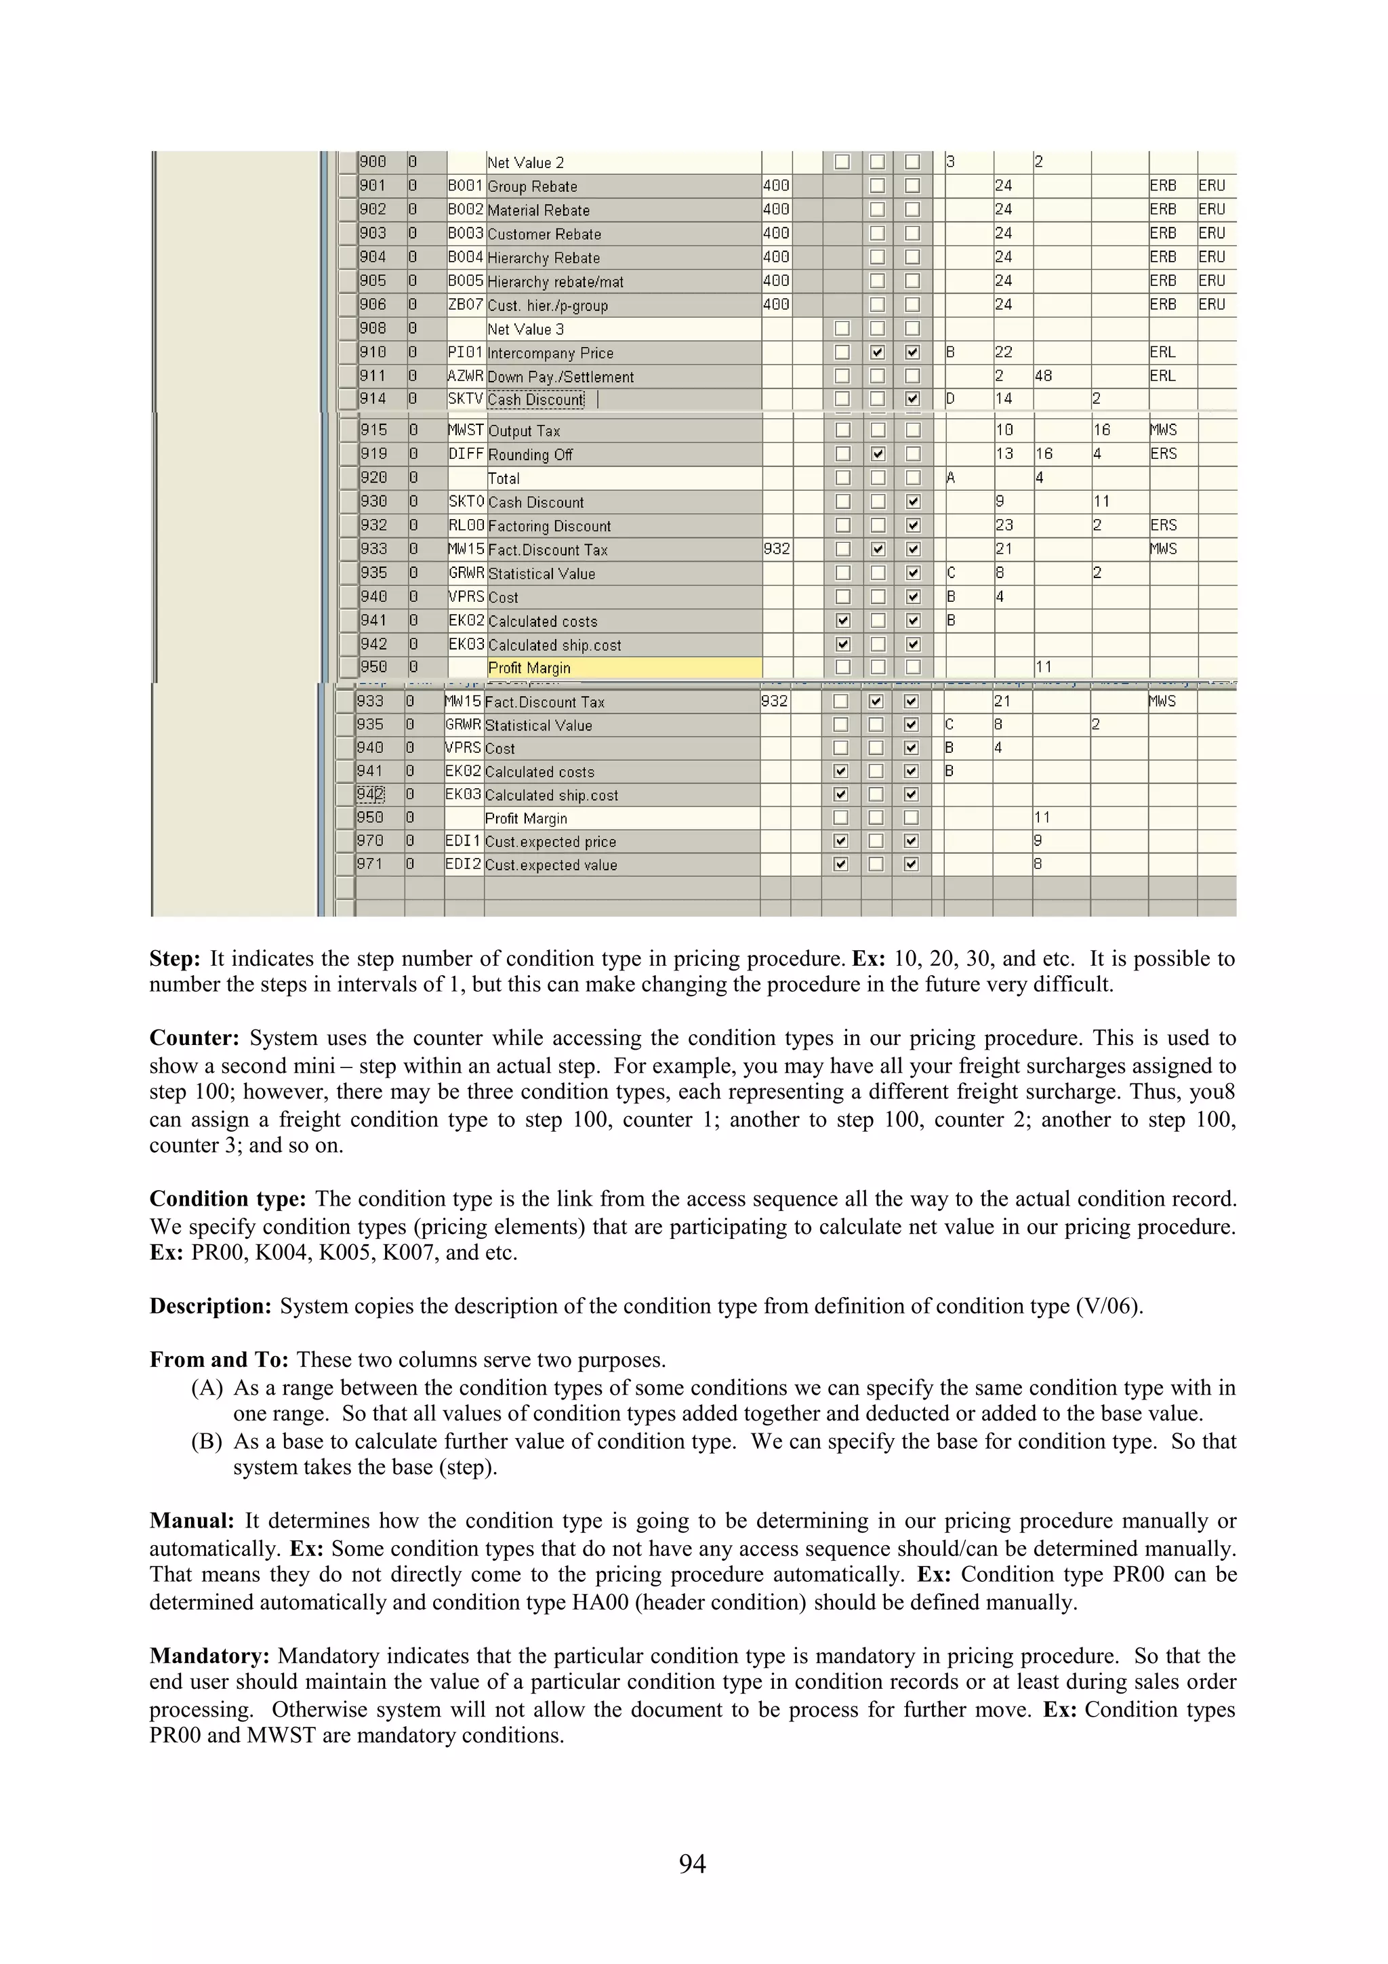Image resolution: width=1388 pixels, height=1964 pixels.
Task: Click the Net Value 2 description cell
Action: pos(525,163)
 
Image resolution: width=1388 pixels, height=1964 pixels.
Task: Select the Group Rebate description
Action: pos(532,186)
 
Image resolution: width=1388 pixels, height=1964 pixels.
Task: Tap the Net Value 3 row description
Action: pos(525,329)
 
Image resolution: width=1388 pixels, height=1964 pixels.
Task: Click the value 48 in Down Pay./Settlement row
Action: pos(1043,376)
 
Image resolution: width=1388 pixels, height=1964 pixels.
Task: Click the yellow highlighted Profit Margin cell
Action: pos(624,668)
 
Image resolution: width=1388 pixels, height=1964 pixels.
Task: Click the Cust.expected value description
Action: pos(551,865)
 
